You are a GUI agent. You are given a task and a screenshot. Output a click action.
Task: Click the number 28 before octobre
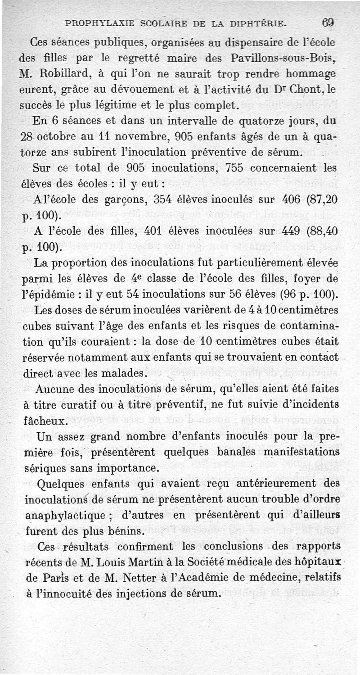pos(28,136)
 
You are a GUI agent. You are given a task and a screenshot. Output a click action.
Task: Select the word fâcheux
pos(45,421)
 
